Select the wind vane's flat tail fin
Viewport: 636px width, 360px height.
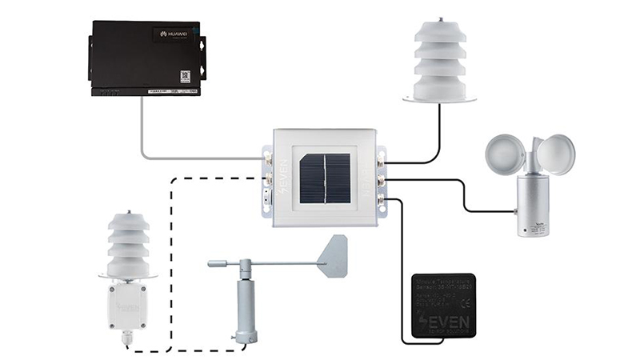(x=333, y=255)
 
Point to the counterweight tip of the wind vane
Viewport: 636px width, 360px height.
(x=212, y=262)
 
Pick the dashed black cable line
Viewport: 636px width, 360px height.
(x=172, y=240)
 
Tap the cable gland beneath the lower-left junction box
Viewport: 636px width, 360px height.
(x=126, y=339)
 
